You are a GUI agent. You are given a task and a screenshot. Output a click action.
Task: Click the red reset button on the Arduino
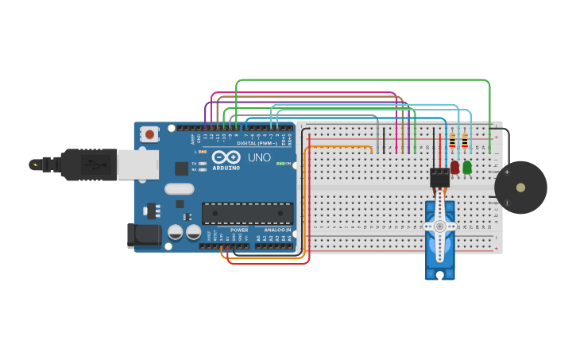tap(149, 134)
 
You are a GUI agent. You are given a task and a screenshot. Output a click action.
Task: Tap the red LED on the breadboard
tap(454, 168)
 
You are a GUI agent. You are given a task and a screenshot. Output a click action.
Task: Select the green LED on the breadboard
tap(467, 168)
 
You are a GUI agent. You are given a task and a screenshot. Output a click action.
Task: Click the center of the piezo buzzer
tap(520, 188)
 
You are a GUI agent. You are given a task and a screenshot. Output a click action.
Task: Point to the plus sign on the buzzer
tap(507, 172)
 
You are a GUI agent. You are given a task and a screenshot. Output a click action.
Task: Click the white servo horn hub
tap(439, 226)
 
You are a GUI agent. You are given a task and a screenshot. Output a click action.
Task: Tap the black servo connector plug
tap(439, 176)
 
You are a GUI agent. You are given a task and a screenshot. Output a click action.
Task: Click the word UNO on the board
tap(259, 157)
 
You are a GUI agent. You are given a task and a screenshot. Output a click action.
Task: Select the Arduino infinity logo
tap(226, 157)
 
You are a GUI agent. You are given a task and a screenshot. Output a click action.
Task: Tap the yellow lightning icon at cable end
tap(34, 165)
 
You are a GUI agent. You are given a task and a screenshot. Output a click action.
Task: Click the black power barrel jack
tap(143, 234)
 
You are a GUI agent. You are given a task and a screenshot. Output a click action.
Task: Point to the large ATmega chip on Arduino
tap(247, 213)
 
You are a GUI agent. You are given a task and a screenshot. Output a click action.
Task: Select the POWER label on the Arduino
tap(239, 230)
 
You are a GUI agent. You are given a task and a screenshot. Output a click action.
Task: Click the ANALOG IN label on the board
tap(277, 230)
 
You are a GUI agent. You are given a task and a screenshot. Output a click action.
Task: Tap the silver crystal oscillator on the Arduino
tap(180, 189)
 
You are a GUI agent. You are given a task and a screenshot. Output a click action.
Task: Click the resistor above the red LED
tap(453, 142)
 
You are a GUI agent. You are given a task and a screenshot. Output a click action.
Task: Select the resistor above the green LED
tap(465, 142)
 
